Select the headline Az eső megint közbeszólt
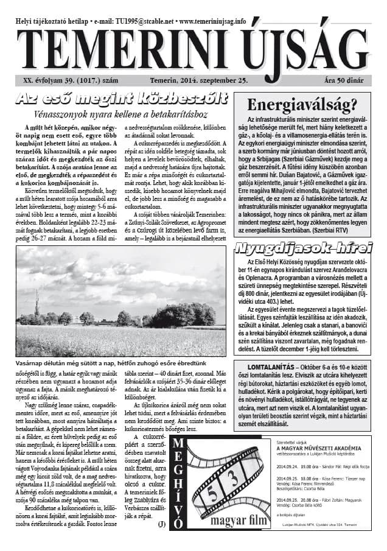click(122, 99)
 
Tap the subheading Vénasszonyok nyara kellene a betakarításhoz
click(122, 114)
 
